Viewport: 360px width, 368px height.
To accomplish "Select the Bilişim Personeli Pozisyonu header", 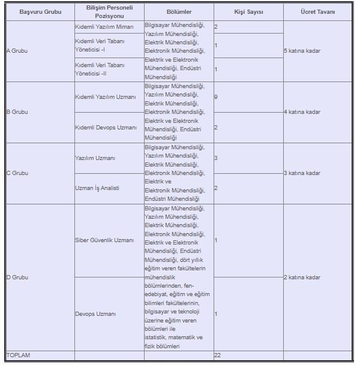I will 108,12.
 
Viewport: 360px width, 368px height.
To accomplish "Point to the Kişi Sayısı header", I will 248,12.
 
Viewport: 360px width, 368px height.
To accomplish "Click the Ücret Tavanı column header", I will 317,12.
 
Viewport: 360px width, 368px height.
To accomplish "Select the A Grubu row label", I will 17,51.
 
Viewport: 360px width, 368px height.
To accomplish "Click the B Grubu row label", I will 17,112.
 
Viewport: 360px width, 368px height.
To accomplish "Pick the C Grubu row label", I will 17,173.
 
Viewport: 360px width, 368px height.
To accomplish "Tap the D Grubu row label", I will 17,277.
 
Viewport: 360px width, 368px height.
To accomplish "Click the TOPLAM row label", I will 19,355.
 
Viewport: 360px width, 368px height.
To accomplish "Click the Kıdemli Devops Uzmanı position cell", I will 106,128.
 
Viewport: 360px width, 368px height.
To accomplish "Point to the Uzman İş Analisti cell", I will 97,188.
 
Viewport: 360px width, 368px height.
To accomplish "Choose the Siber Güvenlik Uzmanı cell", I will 104,240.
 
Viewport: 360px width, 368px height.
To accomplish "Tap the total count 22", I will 218,355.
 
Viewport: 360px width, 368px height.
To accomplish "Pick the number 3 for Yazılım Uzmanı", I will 216,158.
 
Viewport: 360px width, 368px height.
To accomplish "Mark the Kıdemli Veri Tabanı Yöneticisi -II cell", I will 100,69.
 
